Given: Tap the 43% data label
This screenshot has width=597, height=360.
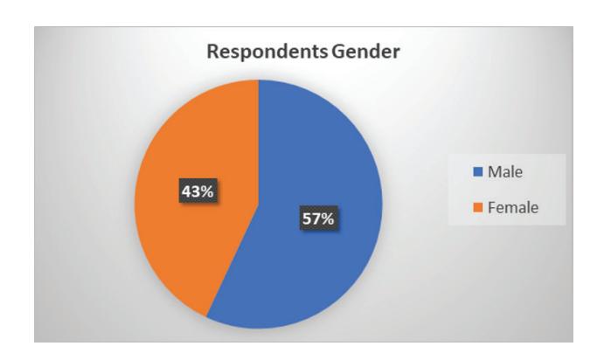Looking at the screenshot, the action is [x=198, y=190].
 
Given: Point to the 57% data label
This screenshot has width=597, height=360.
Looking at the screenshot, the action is [x=319, y=218].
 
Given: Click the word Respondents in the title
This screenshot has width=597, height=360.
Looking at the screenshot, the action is [x=267, y=52].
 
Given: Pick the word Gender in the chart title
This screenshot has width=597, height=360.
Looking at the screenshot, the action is [x=365, y=51].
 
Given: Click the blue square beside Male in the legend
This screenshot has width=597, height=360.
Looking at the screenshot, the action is [x=478, y=171].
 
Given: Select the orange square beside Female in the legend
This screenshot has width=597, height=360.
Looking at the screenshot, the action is [x=478, y=207].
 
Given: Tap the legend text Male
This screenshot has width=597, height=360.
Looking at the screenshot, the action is [x=505, y=172].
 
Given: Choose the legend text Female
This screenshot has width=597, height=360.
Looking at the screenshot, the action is [x=513, y=208].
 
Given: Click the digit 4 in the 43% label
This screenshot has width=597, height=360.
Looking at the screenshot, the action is [x=186, y=191].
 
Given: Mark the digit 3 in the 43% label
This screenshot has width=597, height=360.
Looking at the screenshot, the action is [x=195, y=191].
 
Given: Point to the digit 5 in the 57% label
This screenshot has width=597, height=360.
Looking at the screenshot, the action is [x=307, y=218].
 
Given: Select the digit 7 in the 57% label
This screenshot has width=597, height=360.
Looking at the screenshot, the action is [x=315, y=218].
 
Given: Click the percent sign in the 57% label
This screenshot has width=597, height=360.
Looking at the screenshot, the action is [x=327, y=218].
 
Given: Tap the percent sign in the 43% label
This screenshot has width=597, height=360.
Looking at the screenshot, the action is [x=206, y=191].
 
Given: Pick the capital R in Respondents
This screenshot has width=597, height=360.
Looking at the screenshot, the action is [x=213, y=51].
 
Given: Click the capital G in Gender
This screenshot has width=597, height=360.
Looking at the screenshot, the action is [x=337, y=51].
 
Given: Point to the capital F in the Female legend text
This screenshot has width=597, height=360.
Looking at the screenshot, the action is [x=492, y=207].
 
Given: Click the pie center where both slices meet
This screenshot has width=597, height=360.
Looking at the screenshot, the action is [x=259, y=204].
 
